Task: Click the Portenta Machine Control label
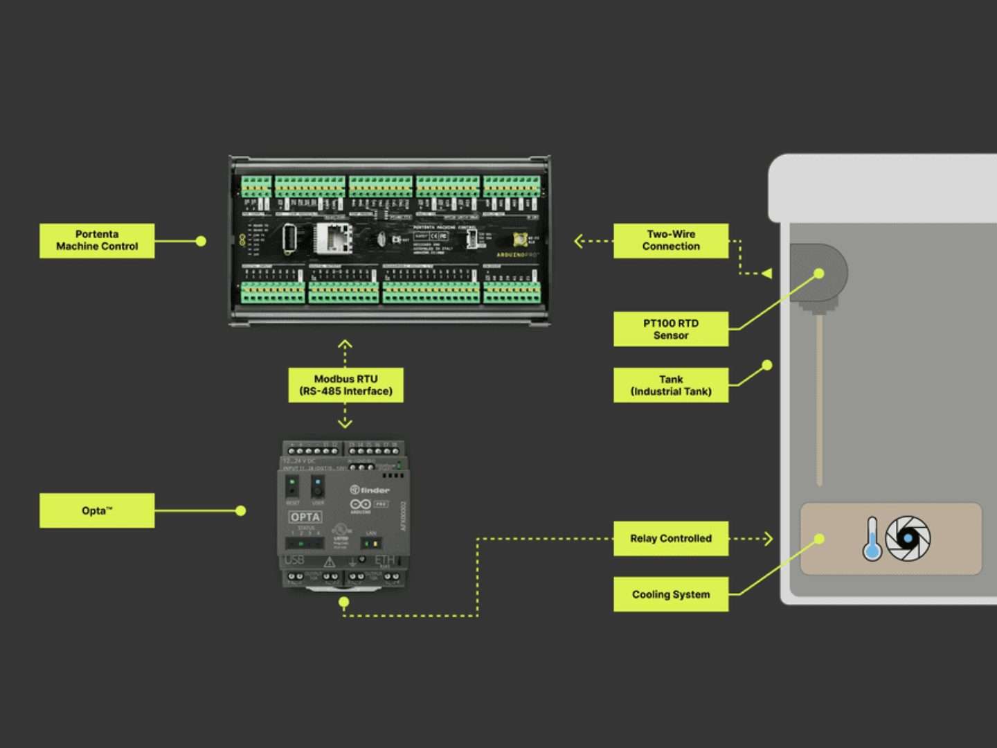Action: click(97, 240)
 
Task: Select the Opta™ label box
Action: click(97, 510)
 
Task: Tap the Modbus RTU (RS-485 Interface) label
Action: click(345, 385)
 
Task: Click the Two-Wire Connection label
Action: click(670, 240)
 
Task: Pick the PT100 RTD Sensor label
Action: click(670, 329)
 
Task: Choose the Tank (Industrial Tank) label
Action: click(670, 385)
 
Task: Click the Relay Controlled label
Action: click(670, 538)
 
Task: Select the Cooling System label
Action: click(670, 594)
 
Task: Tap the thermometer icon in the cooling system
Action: click(872, 539)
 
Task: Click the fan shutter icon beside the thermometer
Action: click(908, 538)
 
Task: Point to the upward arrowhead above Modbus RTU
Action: click(345, 344)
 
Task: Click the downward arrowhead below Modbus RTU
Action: click(345, 422)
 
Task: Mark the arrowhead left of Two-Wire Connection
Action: click(579, 241)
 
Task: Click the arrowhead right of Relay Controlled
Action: click(768, 538)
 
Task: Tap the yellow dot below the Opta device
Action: click(344, 602)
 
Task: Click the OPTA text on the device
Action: click(305, 517)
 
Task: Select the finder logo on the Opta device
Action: click(370, 490)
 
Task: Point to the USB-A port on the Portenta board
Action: click(289, 239)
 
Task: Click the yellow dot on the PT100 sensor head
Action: click(819, 274)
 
